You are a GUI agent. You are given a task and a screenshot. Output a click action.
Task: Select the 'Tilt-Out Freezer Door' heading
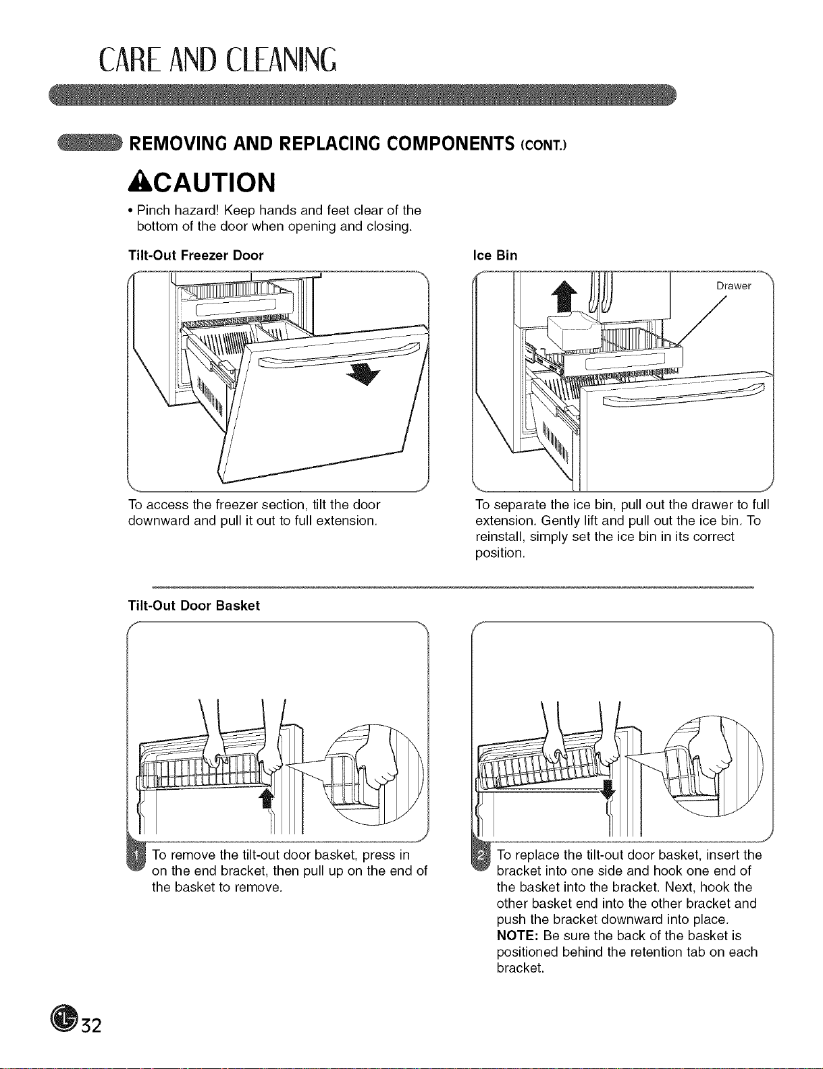[x=195, y=256]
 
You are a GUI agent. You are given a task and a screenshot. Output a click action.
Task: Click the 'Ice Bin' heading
[x=495, y=256]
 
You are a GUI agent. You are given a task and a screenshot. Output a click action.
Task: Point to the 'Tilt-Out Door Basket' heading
[x=194, y=605]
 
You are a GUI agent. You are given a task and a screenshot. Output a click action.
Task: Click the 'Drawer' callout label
[x=733, y=286]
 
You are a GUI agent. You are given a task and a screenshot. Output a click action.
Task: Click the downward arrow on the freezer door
[x=364, y=376]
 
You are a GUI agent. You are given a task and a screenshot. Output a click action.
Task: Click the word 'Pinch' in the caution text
[x=153, y=210]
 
